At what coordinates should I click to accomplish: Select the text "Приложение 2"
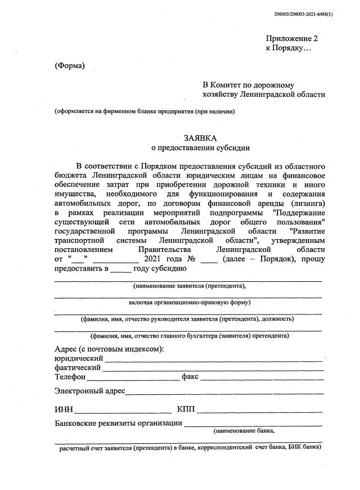tap(292, 38)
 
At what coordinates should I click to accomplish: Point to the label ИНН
tap(64, 408)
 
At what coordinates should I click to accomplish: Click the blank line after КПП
tap(259, 410)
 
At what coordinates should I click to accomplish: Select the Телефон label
tap(70, 376)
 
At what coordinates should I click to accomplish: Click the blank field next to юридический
tap(212, 359)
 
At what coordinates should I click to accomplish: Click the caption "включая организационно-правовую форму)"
tap(189, 302)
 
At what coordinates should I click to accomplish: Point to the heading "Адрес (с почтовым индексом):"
tap(109, 349)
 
